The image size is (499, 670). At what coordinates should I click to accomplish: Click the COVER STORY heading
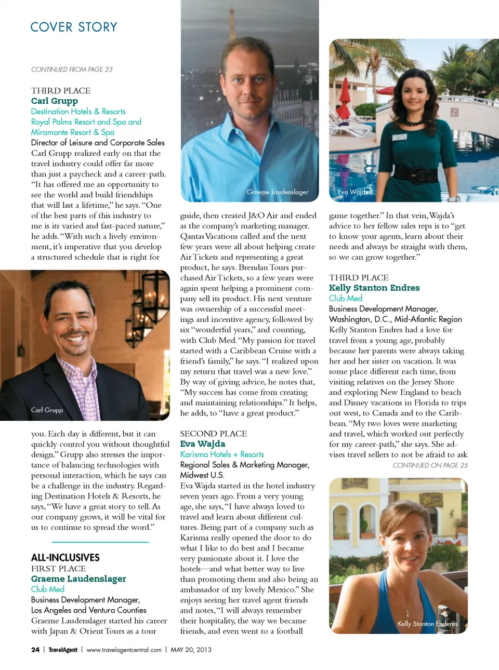74,27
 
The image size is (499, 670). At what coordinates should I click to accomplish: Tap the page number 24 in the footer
35,650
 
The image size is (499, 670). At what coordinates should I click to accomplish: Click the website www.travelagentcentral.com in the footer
124,650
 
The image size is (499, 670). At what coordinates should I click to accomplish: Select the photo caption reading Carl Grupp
47,410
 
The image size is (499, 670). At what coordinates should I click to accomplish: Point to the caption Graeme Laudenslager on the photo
277,192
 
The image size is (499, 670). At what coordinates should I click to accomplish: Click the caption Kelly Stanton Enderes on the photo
427,624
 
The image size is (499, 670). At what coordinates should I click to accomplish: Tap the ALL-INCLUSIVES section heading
65,557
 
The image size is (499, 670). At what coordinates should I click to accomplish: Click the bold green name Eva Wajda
202,444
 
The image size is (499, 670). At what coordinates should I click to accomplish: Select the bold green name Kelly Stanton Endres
374,288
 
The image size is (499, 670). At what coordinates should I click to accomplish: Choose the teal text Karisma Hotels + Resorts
222,454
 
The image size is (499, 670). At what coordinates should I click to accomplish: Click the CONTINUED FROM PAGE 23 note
72,69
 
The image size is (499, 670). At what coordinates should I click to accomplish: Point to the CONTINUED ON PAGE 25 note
430,465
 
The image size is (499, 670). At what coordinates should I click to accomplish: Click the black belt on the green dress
416,175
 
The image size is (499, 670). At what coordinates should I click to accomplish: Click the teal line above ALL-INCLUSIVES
90,542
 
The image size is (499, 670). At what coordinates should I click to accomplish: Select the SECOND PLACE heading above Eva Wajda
213,434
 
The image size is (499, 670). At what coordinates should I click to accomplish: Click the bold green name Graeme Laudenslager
78,579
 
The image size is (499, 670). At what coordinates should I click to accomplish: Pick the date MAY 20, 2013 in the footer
191,650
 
